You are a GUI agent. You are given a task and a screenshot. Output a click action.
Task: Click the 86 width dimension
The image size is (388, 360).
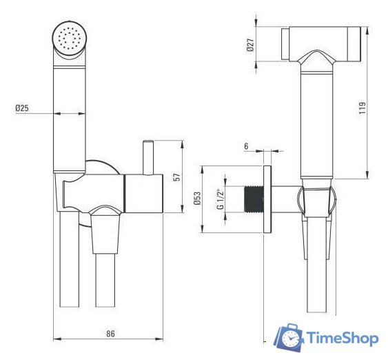[110, 334]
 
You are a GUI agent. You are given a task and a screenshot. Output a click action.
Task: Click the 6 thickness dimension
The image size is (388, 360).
[246, 147]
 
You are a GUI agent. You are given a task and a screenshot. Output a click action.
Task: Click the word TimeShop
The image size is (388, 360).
[342, 339]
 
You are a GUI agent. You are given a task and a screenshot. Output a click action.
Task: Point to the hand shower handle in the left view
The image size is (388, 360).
[69, 117]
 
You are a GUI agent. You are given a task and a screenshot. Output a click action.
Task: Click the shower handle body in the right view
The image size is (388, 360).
[316, 124]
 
